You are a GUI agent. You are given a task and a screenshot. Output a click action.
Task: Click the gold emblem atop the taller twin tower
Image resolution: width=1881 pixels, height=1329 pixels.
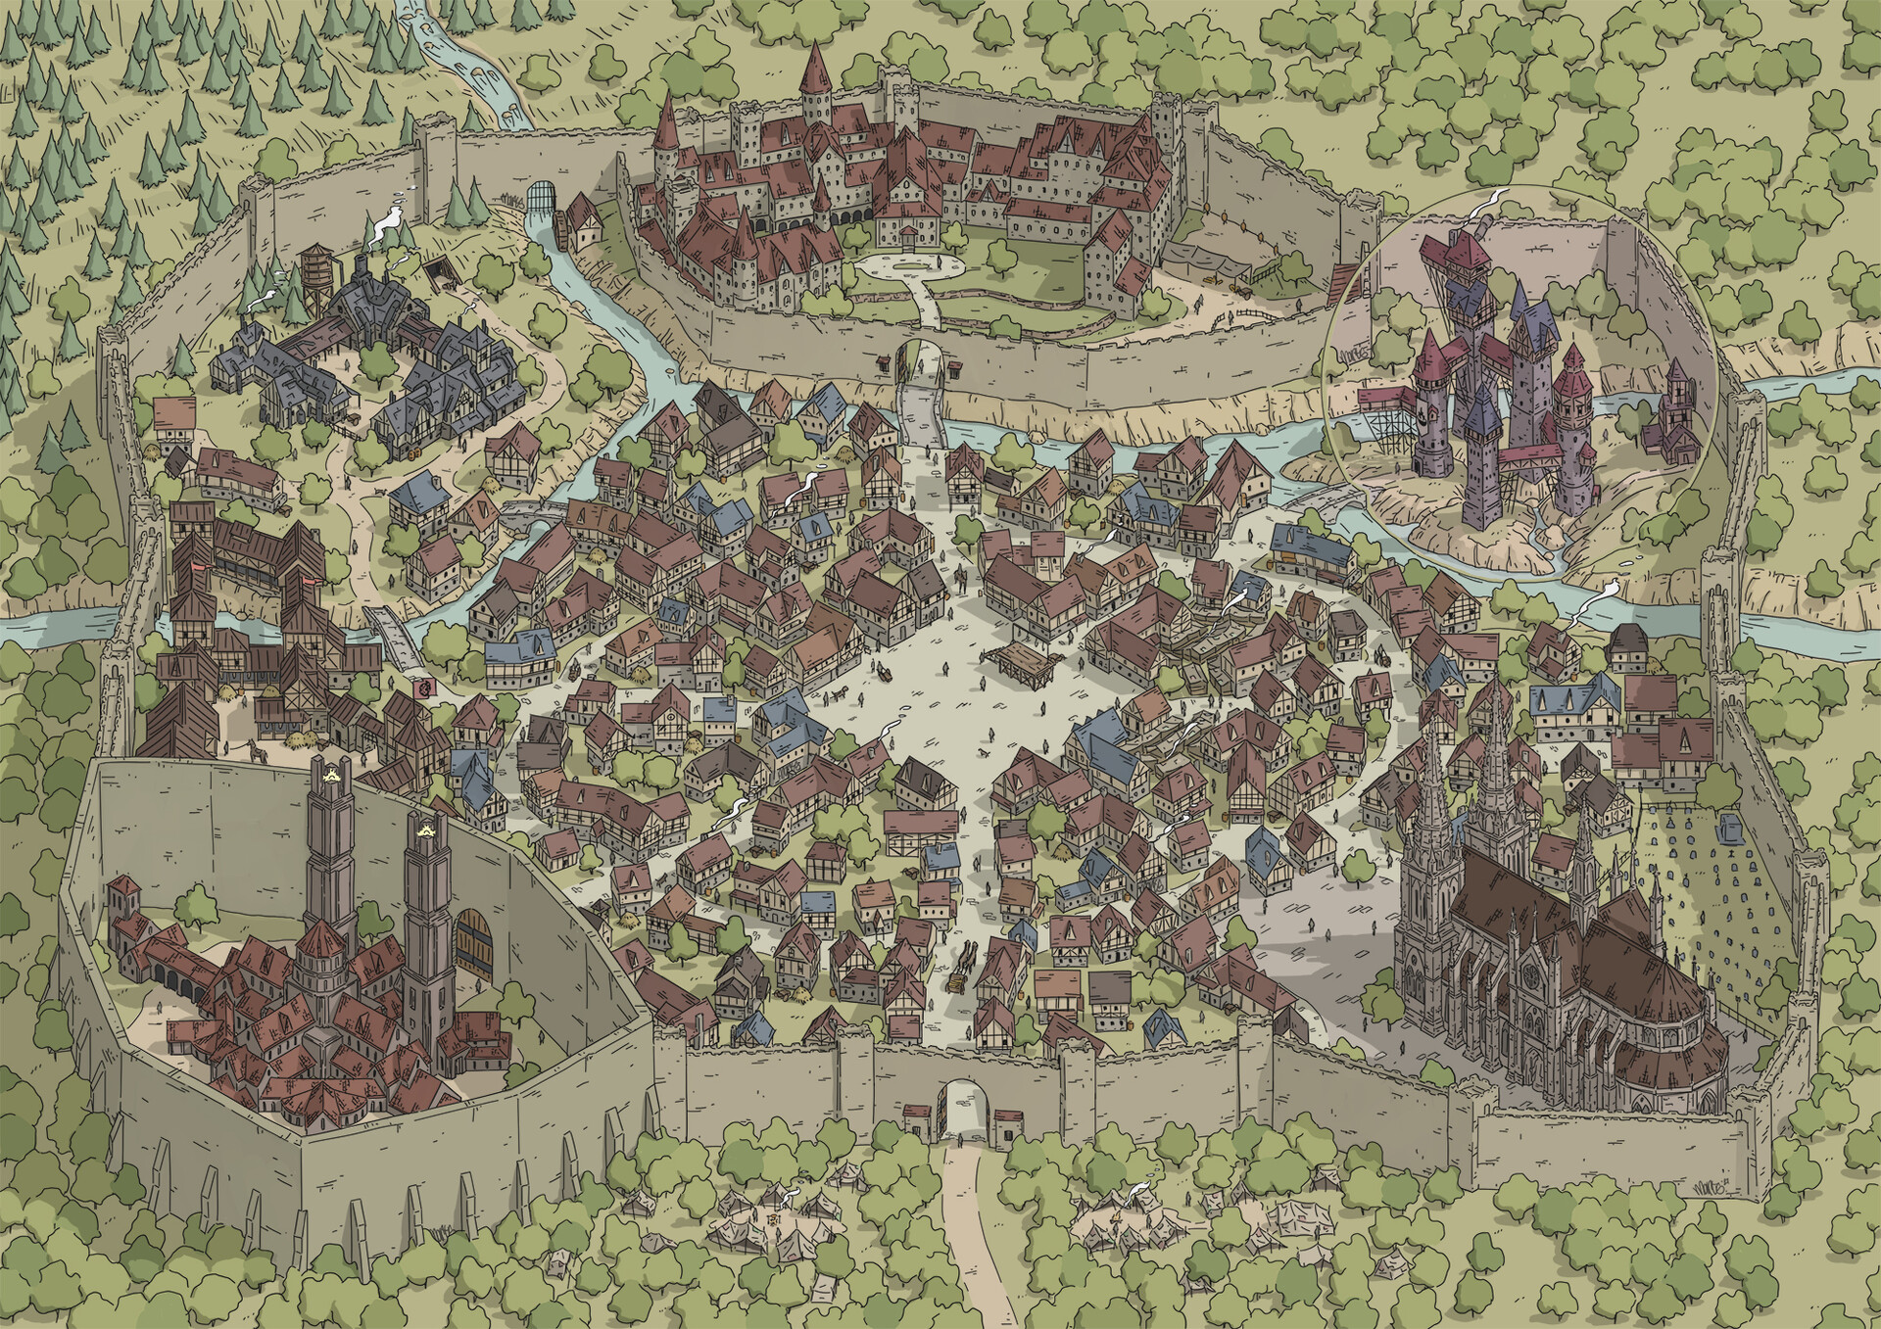click(x=327, y=775)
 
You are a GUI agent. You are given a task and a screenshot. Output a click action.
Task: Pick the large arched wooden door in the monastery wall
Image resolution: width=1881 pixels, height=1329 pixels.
click(x=471, y=945)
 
